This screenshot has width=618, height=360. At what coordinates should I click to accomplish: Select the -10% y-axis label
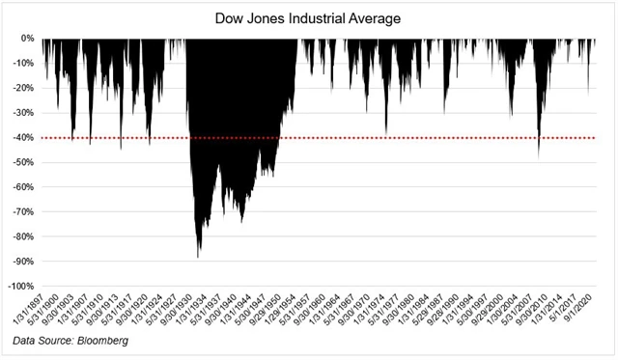click(23, 64)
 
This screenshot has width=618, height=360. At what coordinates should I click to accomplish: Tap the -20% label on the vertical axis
click(23, 88)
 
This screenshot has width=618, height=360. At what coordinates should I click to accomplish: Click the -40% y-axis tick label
click(23, 138)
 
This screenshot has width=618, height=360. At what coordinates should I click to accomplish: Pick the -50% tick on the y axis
click(23, 162)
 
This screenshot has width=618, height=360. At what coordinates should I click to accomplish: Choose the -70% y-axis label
click(23, 211)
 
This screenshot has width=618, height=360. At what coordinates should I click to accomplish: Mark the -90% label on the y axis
click(23, 261)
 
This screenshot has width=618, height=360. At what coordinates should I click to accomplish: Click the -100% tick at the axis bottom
click(21, 286)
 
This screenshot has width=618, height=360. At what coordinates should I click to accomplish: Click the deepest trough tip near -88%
click(199, 256)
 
